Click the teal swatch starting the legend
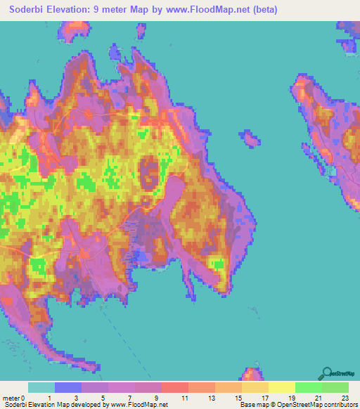41,387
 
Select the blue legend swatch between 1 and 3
68,387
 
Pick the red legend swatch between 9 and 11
174,387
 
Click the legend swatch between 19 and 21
308,387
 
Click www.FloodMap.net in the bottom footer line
139,405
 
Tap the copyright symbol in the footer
277,405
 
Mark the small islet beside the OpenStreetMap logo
252,373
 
